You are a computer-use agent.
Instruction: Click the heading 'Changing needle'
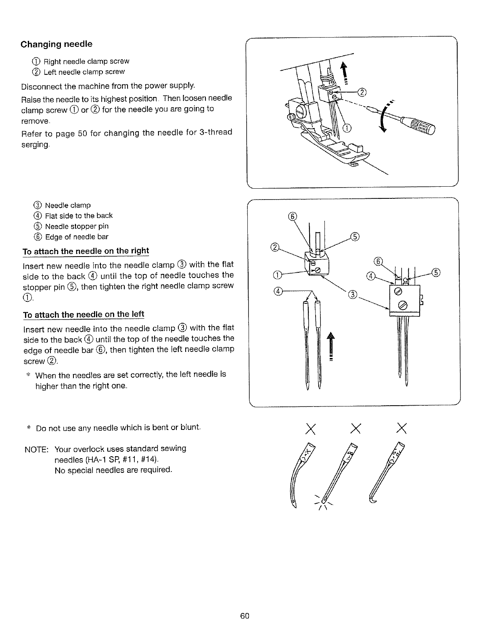tap(56, 44)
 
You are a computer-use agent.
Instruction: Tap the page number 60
tap(245, 616)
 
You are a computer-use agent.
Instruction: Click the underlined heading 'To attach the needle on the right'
tap(86, 251)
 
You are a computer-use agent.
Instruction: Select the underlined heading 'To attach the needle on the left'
tap(84, 315)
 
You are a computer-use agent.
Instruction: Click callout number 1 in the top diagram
tap(346, 128)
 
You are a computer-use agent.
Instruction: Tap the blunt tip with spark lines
tap(324, 501)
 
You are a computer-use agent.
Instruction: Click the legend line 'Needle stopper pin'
tap(77, 226)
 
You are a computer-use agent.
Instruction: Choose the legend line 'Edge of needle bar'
tap(77, 237)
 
